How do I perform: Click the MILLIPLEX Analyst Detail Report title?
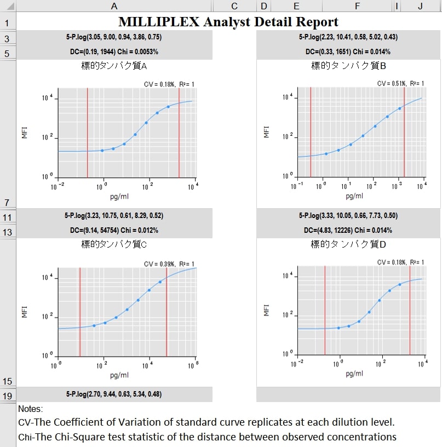point(228,22)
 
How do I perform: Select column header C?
point(234,6)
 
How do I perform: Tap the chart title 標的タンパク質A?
point(113,66)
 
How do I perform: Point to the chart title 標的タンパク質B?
point(348,66)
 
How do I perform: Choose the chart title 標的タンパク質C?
point(113,244)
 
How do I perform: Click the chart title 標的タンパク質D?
point(348,244)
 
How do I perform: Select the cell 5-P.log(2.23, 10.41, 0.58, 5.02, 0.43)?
point(348,37)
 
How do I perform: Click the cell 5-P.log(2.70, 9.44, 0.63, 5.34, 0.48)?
point(113,394)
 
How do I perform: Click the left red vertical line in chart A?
point(88,133)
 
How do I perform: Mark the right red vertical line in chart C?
point(167,311)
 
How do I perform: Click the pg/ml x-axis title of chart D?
point(354,374)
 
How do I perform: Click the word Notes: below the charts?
point(30,409)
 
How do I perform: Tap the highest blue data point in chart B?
point(400,108)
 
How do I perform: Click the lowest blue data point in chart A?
point(102,150)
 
